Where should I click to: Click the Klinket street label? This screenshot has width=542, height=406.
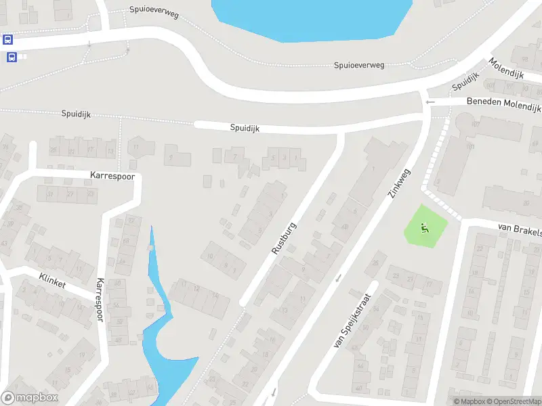pos(52,281)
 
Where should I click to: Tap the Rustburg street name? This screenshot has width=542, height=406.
pos(284,238)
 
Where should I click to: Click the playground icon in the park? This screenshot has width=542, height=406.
pos(425,228)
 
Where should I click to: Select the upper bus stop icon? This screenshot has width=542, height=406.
pos(8,39)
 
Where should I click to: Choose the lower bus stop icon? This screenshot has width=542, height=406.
pos(12,57)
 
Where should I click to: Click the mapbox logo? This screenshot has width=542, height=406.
pos(30,397)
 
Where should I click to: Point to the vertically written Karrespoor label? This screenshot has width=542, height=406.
pos(100,300)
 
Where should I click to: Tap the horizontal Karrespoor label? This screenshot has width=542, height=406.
pos(112,175)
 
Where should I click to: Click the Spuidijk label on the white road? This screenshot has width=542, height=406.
pos(245,127)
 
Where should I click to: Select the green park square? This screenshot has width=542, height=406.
pos(427,226)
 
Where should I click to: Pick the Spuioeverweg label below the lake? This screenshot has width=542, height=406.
pos(359,66)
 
